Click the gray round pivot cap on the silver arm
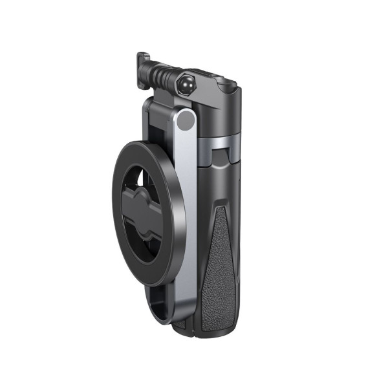(x=186, y=120)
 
